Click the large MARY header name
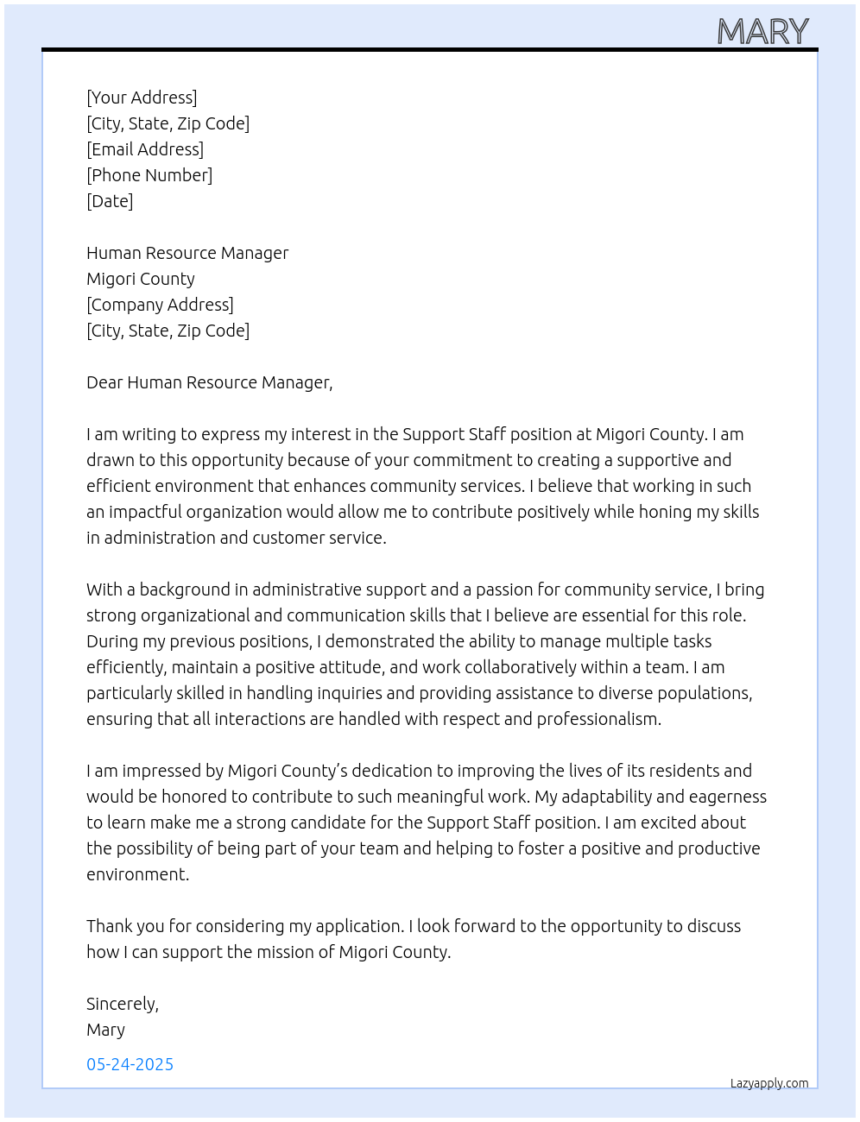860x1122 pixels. pyautogui.click(x=762, y=32)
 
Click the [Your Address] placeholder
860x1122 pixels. pyautogui.click(x=142, y=98)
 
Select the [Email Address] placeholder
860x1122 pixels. pyautogui.click(x=145, y=149)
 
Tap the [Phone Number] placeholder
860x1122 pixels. pyautogui.click(x=149, y=175)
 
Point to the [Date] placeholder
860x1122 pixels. pyautogui.click(x=110, y=201)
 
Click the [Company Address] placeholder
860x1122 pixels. pyautogui.click(x=160, y=305)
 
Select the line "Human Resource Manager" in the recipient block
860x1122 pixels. pyautogui.click(x=187, y=253)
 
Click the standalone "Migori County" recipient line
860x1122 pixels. pyautogui.click(x=141, y=279)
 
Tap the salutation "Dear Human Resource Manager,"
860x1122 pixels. pyautogui.click(x=209, y=382)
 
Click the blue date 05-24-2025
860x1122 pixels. pyautogui.click(x=130, y=1064)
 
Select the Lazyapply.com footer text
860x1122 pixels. pyautogui.click(x=769, y=1083)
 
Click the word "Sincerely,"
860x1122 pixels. pyautogui.click(x=123, y=1004)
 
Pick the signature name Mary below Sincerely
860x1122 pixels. pyautogui.click(x=105, y=1030)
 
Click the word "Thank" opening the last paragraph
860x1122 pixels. pyautogui.click(x=109, y=926)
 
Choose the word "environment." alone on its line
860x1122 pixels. pyautogui.click(x=137, y=874)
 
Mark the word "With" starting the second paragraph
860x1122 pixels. pyautogui.click(x=104, y=589)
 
